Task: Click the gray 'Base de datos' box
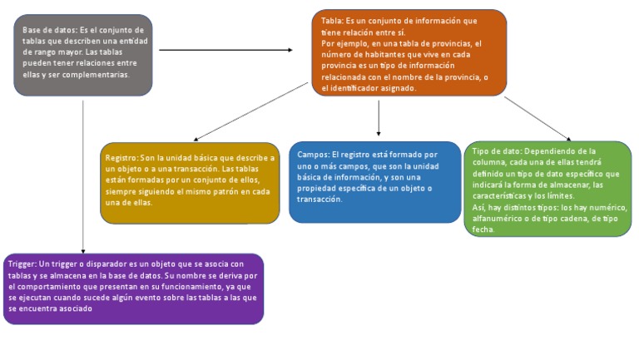pos(82,54)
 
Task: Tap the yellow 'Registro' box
pos(189,181)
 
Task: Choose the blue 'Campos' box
pos(374,181)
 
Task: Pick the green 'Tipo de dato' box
pos(547,188)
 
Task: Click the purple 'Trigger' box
pos(133,288)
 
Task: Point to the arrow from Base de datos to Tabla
pos(225,50)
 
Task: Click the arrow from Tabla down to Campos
pos(379,116)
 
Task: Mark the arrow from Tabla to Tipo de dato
pos(537,119)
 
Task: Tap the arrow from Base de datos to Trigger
pos(83,175)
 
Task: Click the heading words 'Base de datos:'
pos(49,29)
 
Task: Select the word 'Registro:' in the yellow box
pos(122,157)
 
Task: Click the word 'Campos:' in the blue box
pos(314,155)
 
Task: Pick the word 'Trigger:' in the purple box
pos(22,264)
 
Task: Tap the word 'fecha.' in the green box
pos(483,229)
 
